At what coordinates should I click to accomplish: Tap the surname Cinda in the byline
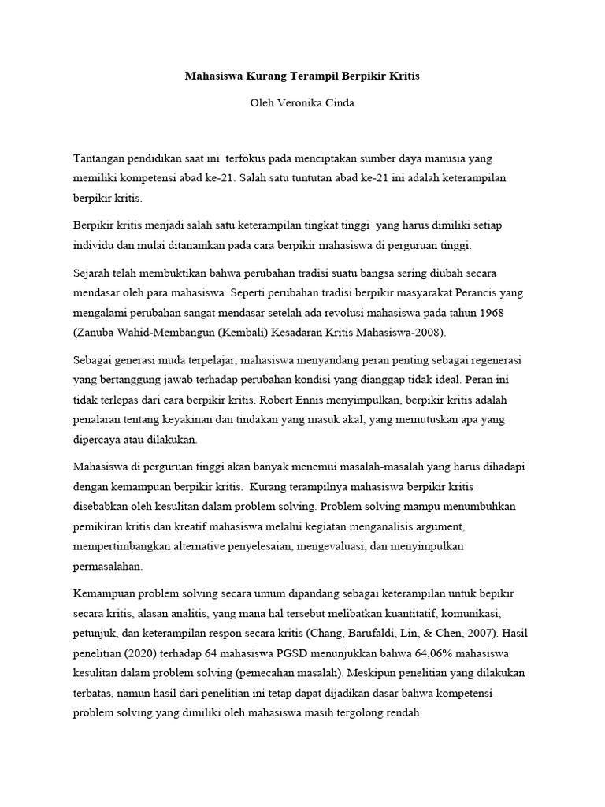coord(338,104)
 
